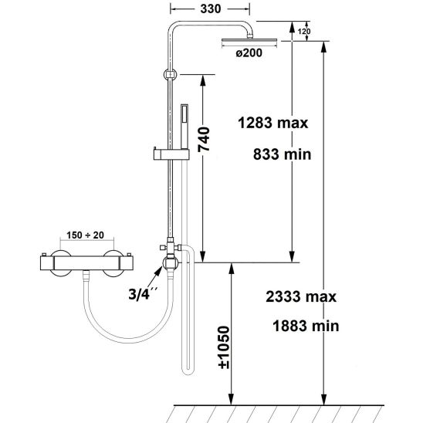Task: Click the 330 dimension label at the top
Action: [211, 9]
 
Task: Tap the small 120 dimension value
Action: [304, 32]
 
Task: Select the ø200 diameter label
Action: [249, 52]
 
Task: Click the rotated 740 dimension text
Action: [204, 139]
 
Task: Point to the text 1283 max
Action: [272, 123]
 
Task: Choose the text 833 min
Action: [283, 154]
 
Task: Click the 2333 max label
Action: [301, 296]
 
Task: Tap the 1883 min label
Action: [306, 326]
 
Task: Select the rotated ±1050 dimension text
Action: [224, 347]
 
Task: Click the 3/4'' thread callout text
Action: [143, 293]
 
